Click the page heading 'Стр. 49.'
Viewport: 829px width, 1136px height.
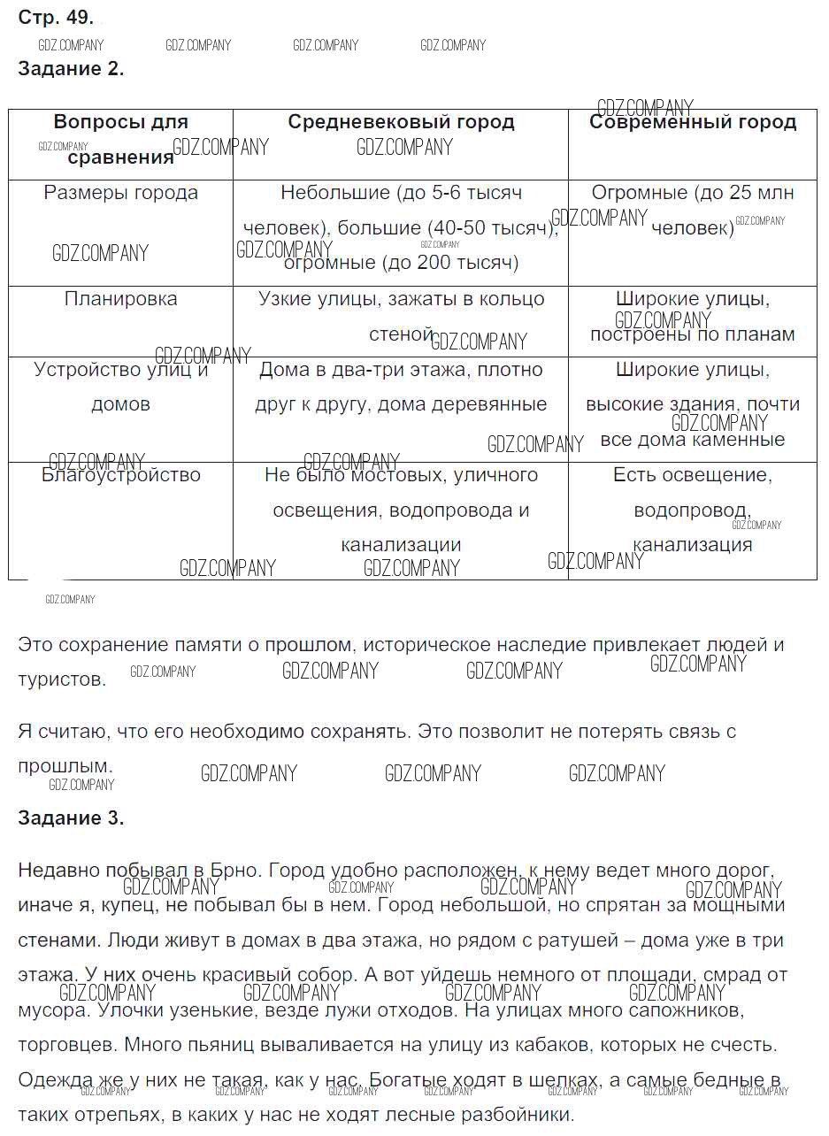click(x=56, y=18)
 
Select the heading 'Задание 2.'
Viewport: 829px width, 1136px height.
click(x=71, y=70)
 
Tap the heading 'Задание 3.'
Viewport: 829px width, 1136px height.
click(x=71, y=818)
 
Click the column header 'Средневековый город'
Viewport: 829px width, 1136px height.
click(x=401, y=122)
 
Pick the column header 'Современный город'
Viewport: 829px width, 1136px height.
click(x=693, y=122)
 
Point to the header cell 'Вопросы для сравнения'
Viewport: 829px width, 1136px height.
click(x=121, y=140)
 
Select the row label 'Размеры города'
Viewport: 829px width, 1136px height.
click(x=121, y=193)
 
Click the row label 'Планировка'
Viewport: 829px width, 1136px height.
click(x=121, y=299)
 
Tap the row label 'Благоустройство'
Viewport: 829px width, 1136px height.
click(x=121, y=475)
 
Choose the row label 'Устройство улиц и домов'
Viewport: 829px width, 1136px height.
click(x=121, y=387)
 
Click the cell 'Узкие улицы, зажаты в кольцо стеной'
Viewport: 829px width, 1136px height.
click(x=401, y=316)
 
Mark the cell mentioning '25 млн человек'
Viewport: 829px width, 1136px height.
click(x=693, y=211)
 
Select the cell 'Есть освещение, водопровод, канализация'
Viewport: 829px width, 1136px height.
click(x=693, y=510)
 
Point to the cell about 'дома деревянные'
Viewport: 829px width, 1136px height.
click(x=401, y=387)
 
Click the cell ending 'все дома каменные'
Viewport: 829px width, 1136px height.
click(x=693, y=404)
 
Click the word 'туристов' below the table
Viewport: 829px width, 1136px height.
click(x=61, y=680)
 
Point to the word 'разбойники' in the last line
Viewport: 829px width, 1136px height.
click(x=521, y=1115)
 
